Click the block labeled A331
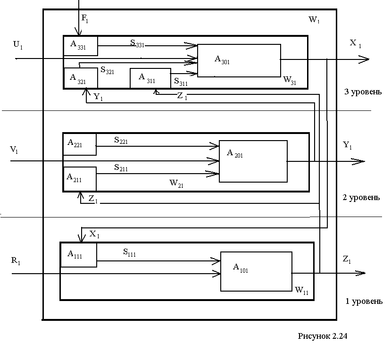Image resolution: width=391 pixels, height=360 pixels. coord(81,45)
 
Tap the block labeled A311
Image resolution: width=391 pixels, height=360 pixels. coord(150,78)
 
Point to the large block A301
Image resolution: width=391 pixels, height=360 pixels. coord(239,60)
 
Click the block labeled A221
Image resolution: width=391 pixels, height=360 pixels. coord(79,144)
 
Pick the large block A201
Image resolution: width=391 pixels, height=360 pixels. coord(253,161)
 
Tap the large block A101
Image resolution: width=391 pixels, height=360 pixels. coord(256,271)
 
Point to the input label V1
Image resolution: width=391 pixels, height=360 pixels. coord(15,150)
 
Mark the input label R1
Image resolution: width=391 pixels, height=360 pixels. coord(16,261)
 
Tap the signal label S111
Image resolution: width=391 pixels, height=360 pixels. coord(130,253)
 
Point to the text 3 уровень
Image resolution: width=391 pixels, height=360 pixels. coord(363,92)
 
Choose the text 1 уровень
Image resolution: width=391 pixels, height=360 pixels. coord(364,301)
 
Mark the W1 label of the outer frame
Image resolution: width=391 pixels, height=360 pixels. coord(315,20)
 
